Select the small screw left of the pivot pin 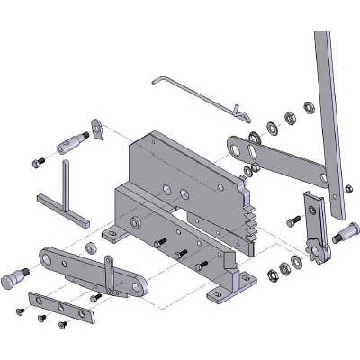click(x=38, y=162)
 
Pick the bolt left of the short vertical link click(x=292, y=220)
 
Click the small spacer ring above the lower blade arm click(x=90, y=246)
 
